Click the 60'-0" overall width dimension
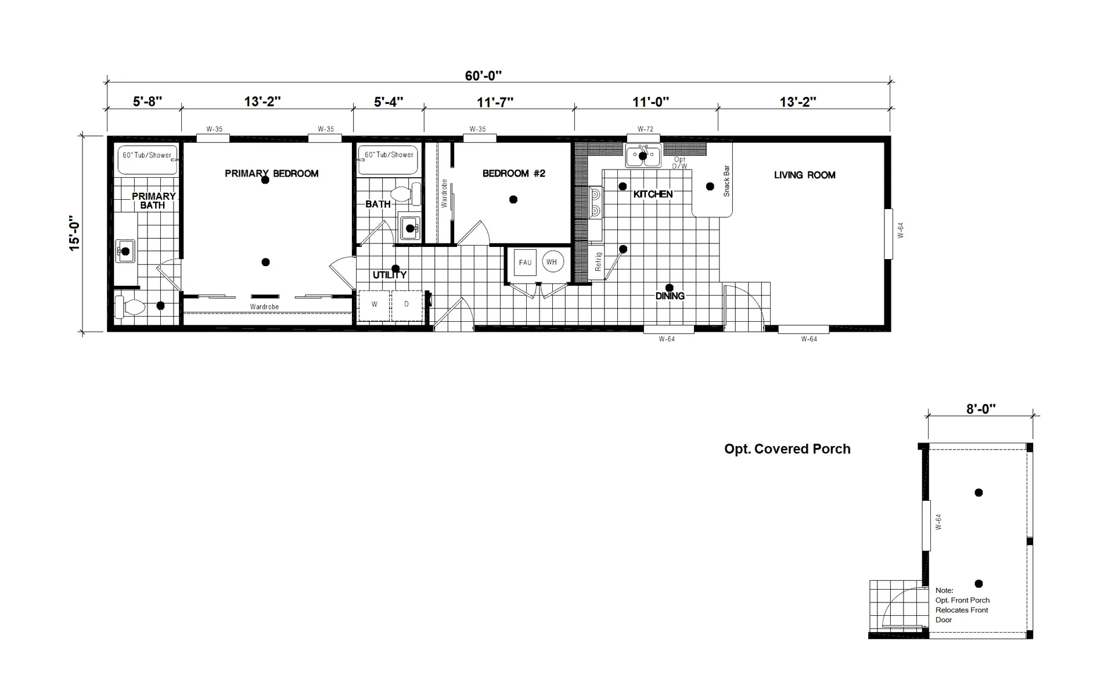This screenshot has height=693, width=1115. (483, 76)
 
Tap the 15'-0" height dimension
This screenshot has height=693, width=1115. (74, 234)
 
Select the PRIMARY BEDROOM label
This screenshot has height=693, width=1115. (272, 173)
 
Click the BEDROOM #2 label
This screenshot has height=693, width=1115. (514, 173)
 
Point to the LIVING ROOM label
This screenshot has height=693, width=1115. (805, 175)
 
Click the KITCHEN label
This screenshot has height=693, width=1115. (653, 194)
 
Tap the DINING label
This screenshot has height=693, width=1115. (670, 296)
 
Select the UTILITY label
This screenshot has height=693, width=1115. (390, 275)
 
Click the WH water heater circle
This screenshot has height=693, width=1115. (552, 262)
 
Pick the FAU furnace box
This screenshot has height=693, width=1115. (525, 263)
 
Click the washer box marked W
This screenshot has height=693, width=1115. (375, 305)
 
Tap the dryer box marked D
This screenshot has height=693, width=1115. (407, 305)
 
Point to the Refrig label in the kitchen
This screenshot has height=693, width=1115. (599, 261)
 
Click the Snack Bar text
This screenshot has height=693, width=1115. (726, 181)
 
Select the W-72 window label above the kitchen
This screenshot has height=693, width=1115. (645, 130)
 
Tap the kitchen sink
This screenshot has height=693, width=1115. (643, 156)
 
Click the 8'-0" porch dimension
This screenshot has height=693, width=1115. (981, 409)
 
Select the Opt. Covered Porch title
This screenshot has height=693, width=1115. (787, 449)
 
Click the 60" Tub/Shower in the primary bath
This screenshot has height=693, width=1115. (148, 160)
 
